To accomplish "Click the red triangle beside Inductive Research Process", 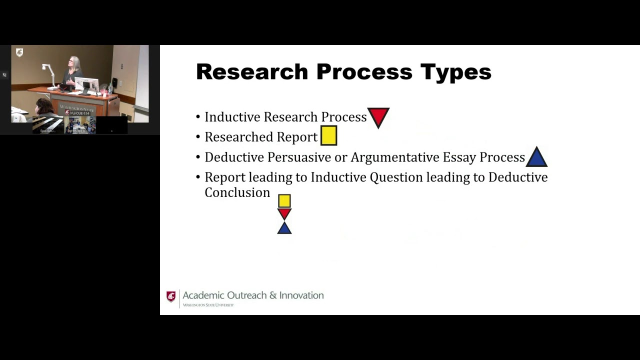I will coord(378,117).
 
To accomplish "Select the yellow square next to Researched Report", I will coord(328,136).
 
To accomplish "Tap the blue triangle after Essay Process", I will coord(536,158).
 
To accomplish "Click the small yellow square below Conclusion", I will coord(284,201).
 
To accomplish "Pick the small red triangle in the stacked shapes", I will coord(284,213).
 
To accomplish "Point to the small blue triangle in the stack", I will coord(284,228).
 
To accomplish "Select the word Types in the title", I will coord(455,72).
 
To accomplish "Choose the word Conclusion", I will coord(237,193).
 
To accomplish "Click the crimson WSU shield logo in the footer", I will coord(171,296).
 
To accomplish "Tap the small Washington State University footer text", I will coord(208,305).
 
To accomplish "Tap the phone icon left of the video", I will coord(4,75).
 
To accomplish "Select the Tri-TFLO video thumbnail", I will coord(79,125).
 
